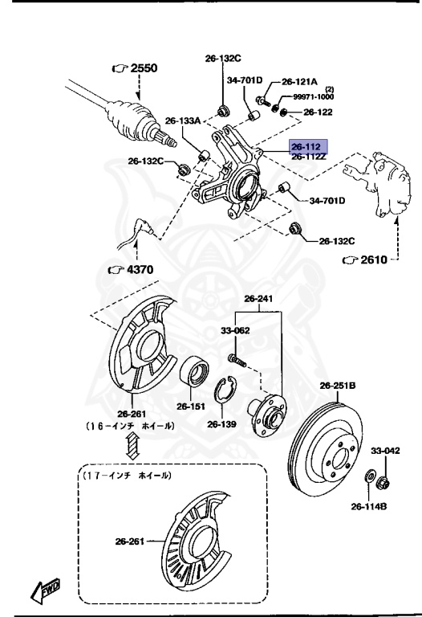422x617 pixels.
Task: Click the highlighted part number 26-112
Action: click(x=306, y=147)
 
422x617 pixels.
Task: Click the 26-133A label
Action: click(x=183, y=121)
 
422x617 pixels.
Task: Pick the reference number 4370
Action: click(x=137, y=269)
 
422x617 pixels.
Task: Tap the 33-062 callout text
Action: click(x=236, y=329)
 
